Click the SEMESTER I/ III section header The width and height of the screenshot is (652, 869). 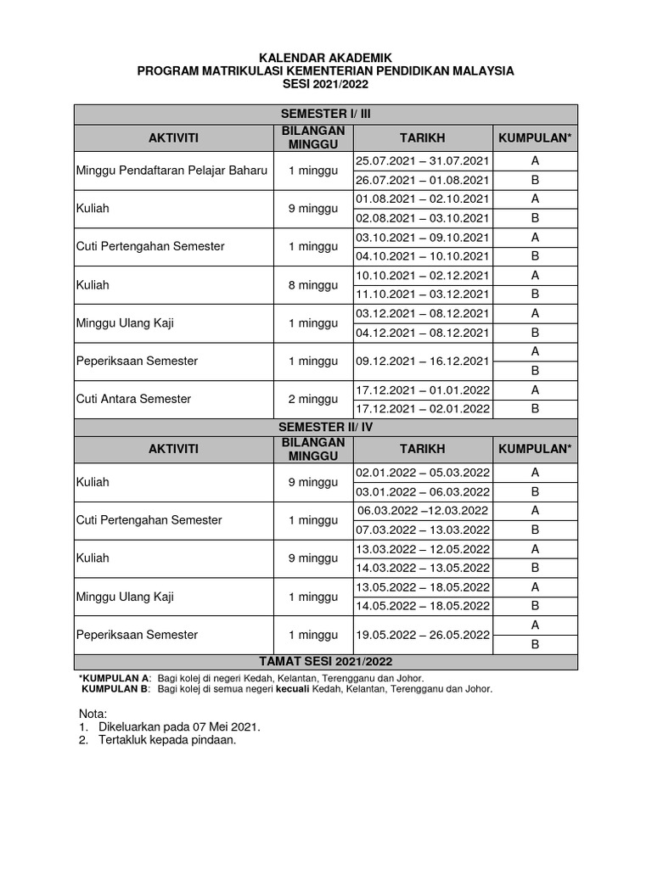(325, 115)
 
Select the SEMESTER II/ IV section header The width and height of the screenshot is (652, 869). (325, 427)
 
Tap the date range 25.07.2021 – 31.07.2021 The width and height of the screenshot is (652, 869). (423, 160)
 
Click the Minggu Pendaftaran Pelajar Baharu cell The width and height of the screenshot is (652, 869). (172, 170)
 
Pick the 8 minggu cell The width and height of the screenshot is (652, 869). (312, 284)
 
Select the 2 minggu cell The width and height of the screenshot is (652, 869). (312, 399)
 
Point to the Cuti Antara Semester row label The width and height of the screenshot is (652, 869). (133, 399)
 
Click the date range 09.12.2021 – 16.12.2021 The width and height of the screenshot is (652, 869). (423, 361)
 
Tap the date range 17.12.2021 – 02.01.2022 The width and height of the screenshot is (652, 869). (423, 408)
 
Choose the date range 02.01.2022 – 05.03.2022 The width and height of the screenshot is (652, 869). (423, 473)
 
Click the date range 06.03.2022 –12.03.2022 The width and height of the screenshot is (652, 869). (423, 511)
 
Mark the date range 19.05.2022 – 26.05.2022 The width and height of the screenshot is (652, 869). (423, 635)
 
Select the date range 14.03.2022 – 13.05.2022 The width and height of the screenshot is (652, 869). (423, 568)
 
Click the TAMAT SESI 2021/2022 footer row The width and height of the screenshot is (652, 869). (325, 662)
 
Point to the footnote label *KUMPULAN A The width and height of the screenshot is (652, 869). (115, 678)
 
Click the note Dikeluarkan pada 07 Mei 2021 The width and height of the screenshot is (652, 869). (179, 727)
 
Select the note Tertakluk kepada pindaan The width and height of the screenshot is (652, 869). (166, 741)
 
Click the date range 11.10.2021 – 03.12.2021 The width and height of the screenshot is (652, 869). (423, 294)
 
